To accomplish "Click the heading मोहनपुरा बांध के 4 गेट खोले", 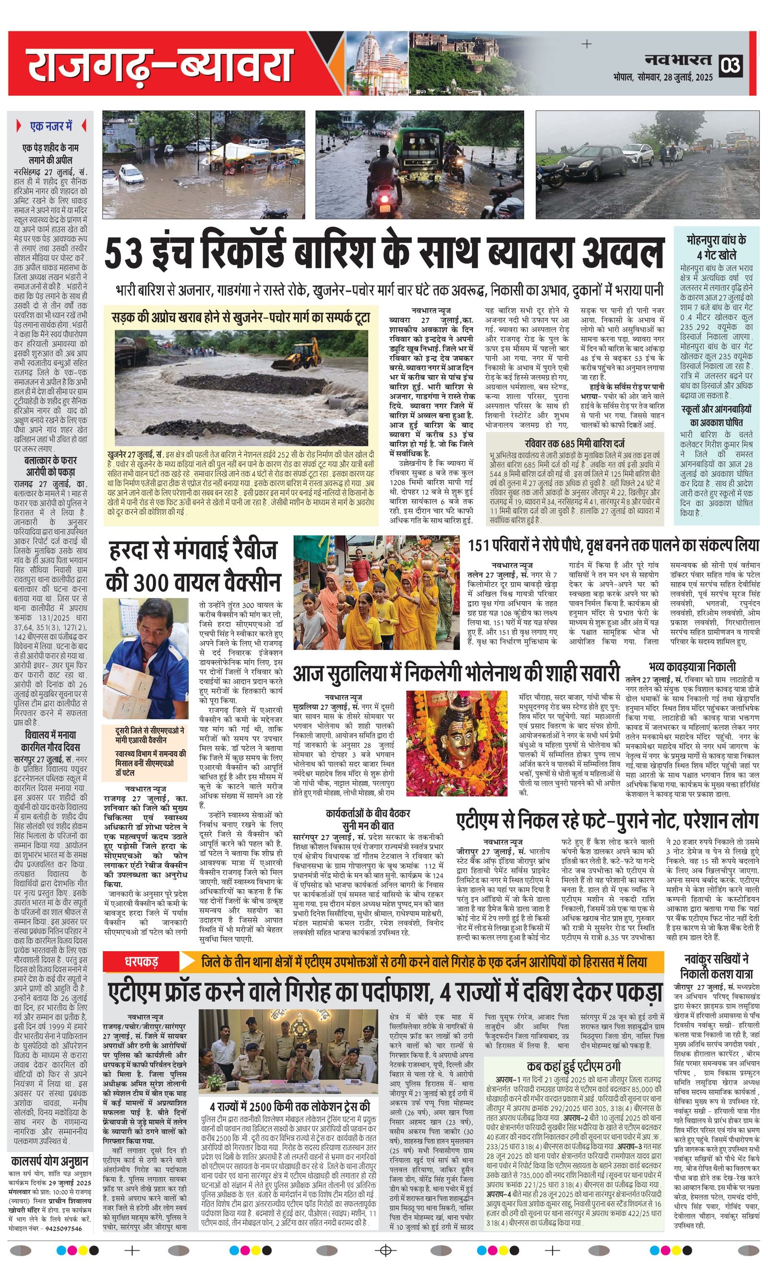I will pyautogui.click(x=716, y=247).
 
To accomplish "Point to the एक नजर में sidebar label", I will pyautogui.click(x=51, y=126).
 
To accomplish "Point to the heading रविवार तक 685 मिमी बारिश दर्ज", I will pyautogui.click(x=575, y=443).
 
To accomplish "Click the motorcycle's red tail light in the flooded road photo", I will pyautogui.click(x=384, y=208).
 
